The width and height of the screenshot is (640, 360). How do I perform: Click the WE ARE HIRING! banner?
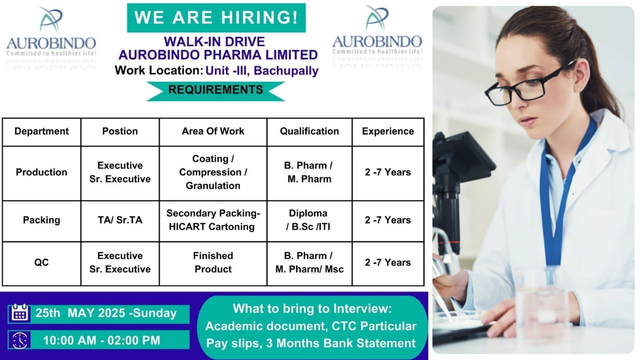[216, 18]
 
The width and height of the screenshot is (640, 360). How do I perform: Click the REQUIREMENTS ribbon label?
[215, 90]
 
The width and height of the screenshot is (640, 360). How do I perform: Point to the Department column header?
[42, 131]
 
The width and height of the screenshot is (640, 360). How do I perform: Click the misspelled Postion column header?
[120, 131]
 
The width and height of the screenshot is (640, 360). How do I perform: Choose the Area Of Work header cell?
[213, 131]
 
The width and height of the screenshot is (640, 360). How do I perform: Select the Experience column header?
[388, 131]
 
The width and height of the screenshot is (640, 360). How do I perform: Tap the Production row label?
[42, 172]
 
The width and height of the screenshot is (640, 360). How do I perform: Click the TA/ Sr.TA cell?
[120, 220]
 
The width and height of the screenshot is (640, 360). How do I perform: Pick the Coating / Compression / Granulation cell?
[213, 172]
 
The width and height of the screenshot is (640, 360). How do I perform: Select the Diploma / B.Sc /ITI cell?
[309, 220]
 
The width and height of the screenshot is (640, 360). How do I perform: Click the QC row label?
[42, 262]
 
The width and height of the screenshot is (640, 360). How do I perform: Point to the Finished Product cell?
[213, 262]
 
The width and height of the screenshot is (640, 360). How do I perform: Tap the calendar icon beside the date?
[20, 313]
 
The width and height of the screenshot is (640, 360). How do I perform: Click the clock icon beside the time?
[20, 340]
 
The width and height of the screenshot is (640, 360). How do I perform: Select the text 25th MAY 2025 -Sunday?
[106, 313]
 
